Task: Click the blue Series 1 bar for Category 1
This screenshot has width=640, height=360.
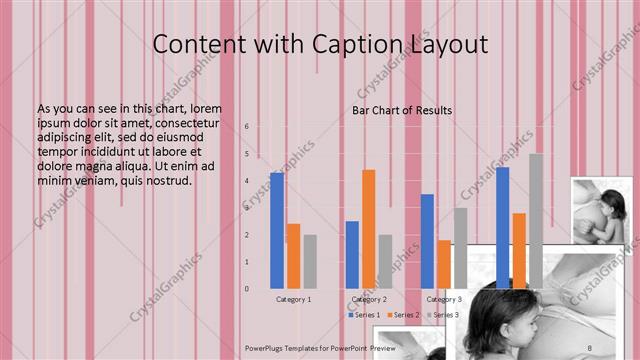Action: click(x=277, y=230)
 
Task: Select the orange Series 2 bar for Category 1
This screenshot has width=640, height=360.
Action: click(x=293, y=256)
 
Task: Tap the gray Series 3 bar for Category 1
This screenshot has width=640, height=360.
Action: click(x=310, y=261)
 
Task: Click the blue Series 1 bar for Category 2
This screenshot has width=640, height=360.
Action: click(x=352, y=254)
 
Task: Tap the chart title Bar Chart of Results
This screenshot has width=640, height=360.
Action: click(x=402, y=110)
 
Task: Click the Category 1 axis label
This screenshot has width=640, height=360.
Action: click(x=294, y=299)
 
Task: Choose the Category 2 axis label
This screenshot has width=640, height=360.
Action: click(x=369, y=299)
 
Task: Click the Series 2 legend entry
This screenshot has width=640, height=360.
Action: click(x=405, y=315)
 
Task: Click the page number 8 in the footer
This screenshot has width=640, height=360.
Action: click(x=590, y=346)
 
